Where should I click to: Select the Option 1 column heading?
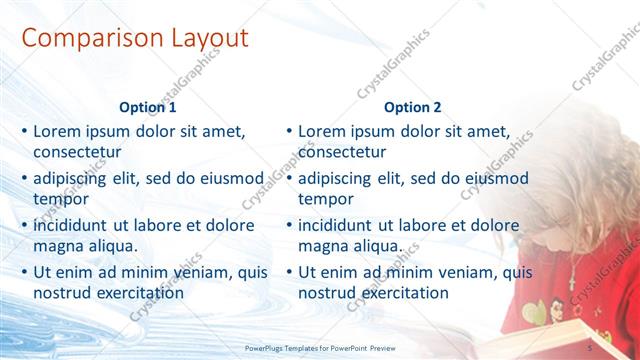coord(148,107)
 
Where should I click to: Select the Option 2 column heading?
coord(412,107)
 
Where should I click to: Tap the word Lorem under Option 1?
coord(57,131)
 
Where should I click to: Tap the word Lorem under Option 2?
coord(322,131)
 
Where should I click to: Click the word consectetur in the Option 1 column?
coord(77,152)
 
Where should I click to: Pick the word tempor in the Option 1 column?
coord(60,199)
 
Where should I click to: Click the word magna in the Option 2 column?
coord(322,246)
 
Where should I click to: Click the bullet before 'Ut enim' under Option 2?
coord(289,271)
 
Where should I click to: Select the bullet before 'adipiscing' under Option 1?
coord(24,177)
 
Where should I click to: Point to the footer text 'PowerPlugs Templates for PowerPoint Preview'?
coord(329,348)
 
